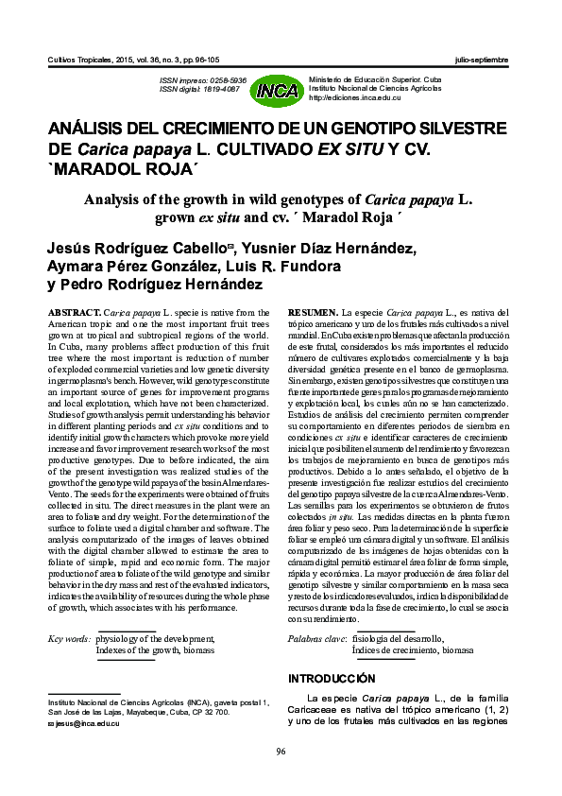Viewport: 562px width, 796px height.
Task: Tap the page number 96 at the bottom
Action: (x=280, y=752)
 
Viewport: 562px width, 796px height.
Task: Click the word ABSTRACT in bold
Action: (x=73, y=311)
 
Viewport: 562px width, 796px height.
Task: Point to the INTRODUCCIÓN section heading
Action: (x=331, y=679)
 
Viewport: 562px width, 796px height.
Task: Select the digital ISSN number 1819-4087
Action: (x=227, y=90)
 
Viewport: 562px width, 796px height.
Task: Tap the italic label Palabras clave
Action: (x=316, y=640)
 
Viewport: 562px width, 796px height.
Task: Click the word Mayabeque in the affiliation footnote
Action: (x=166, y=712)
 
